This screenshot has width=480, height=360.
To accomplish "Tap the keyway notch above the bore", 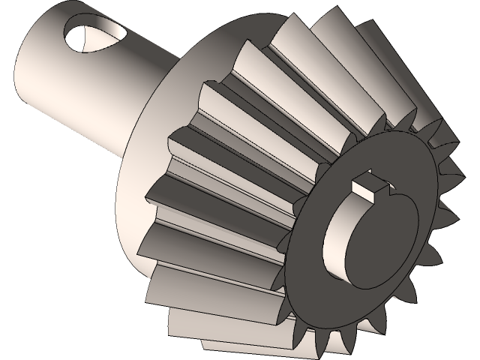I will point(370,188).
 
